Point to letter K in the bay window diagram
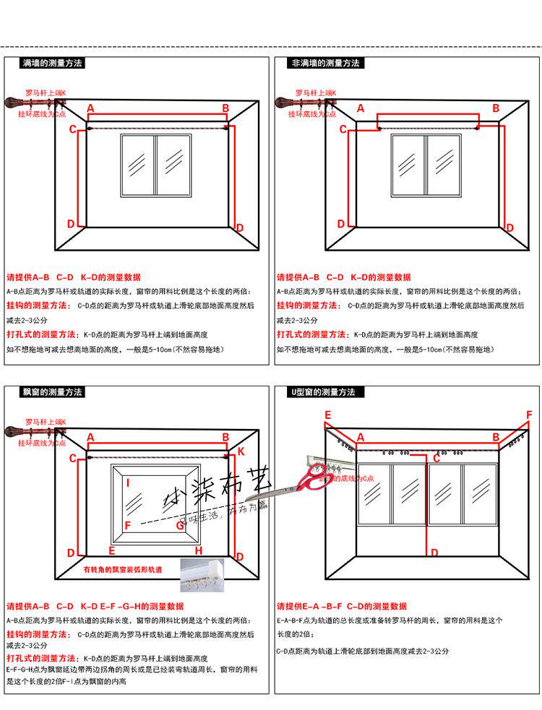(241, 451)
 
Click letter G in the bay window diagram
(181, 525)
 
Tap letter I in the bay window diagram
(128, 482)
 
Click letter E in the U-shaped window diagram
(327, 415)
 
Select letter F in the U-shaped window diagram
(529, 415)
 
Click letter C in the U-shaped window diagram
(436, 458)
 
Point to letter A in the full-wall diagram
(90, 108)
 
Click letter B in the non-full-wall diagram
(496, 108)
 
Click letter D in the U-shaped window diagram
(434, 553)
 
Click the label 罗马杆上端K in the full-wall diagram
(45, 93)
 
